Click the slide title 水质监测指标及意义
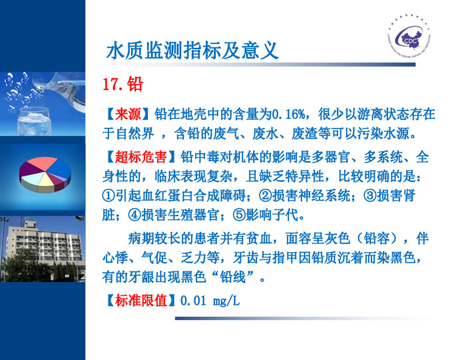[192, 50]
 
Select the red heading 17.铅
[122, 85]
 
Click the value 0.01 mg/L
[210, 300]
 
